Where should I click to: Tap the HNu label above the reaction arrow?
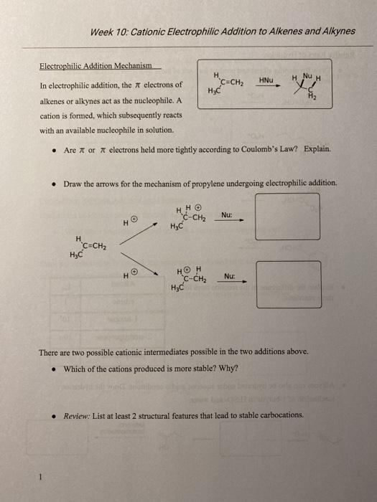[266, 79]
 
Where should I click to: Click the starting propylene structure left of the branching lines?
[89, 247]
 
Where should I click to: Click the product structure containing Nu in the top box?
[309, 87]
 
